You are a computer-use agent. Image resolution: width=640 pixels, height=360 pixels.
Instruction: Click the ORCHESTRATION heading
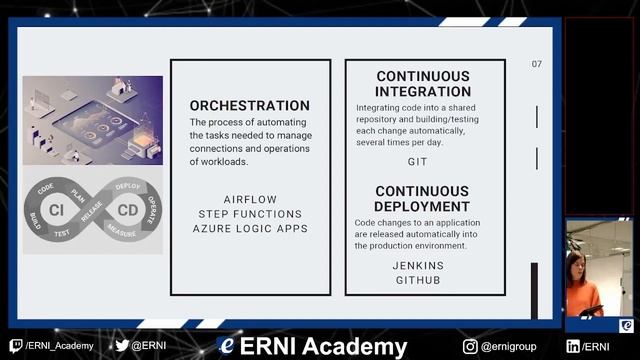click(250, 105)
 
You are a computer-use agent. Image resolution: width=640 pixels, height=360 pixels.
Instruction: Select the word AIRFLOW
click(250, 199)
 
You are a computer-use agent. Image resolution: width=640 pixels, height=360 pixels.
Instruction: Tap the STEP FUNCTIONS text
click(250, 214)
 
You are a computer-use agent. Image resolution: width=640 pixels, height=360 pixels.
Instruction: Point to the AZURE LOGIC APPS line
click(250, 229)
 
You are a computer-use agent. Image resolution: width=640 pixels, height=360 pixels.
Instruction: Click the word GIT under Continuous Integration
click(417, 162)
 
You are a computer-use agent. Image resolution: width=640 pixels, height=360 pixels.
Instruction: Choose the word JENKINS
click(418, 266)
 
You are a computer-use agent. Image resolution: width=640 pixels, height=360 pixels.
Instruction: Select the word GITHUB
click(418, 281)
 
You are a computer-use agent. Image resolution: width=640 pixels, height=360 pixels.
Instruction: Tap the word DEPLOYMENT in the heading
click(422, 206)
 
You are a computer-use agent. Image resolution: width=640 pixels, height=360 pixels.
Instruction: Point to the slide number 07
click(537, 64)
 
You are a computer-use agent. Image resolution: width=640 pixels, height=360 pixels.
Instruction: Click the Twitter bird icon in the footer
click(122, 346)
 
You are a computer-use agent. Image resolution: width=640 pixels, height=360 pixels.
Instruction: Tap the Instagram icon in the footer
click(470, 346)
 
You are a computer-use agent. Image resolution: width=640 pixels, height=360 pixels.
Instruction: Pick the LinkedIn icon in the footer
click(573, 346)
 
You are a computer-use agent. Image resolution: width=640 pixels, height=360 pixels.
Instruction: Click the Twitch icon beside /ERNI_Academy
click(16, 346)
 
